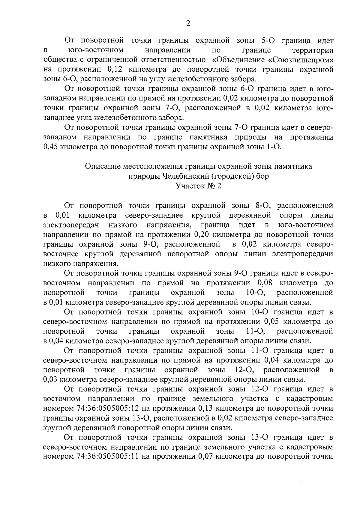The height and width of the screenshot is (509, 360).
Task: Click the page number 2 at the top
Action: [x=188, y=24]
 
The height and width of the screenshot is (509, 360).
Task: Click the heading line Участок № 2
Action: [x=198, y=186]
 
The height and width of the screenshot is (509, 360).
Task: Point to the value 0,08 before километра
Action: [x=265, y=283]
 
